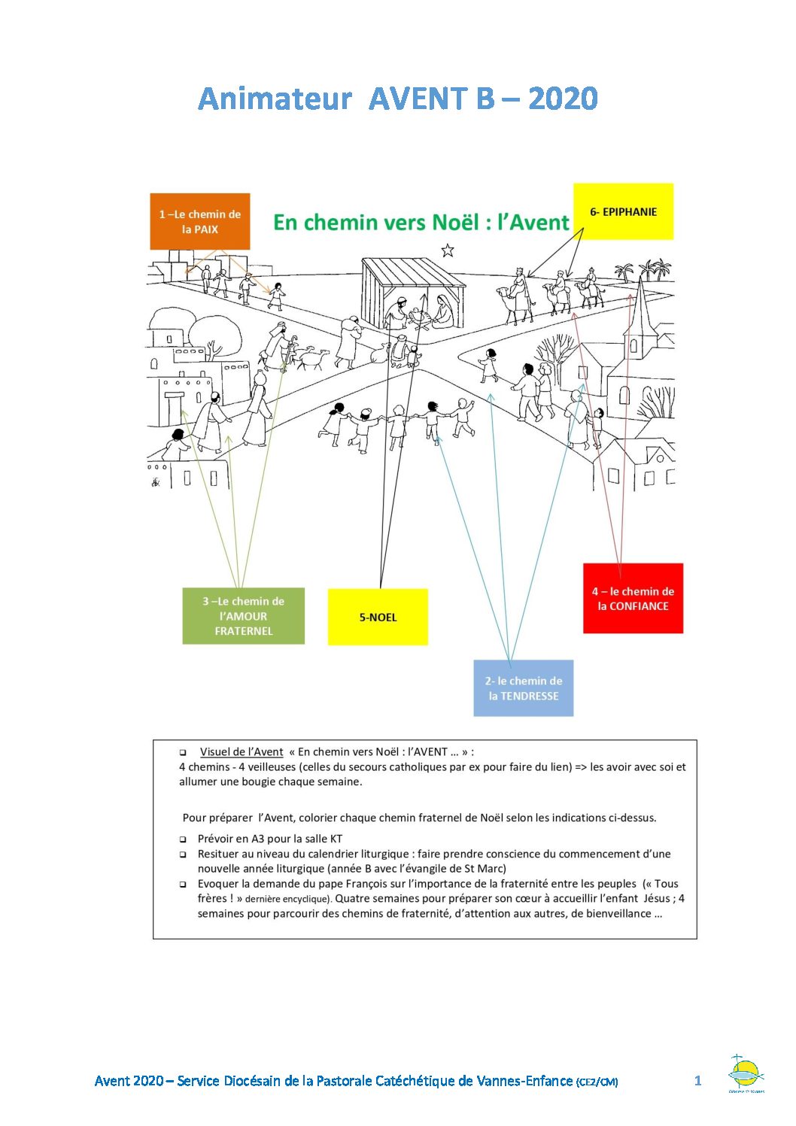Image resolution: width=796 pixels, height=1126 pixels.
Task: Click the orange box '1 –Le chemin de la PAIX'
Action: (200, 221)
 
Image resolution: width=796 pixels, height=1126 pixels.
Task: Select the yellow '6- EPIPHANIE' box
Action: (623, 211)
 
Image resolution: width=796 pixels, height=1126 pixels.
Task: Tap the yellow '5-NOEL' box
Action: (378, 617)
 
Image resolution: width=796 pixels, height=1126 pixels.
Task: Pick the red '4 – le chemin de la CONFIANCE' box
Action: (633, 599)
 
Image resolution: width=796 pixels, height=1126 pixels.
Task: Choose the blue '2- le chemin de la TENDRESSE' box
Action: (524, 688)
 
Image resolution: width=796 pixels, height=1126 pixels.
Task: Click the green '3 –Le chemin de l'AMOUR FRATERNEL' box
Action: (243, 616)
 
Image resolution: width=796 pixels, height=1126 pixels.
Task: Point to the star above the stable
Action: (448, 250)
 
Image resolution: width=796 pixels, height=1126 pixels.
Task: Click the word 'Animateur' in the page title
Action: (275, 99)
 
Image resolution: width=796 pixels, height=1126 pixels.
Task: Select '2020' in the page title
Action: (563, 99)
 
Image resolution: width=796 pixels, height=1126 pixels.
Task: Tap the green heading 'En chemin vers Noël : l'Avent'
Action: (421, 223)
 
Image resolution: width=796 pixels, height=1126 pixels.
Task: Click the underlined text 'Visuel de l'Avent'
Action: (242, 751)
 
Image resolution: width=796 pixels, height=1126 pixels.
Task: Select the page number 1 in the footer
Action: (697, 1081)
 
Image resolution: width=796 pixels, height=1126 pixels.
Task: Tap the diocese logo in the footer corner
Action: (746, 1073)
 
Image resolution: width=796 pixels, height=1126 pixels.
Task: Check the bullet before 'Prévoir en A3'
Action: (183, 839)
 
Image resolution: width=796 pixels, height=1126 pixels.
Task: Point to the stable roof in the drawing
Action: (414, 272)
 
